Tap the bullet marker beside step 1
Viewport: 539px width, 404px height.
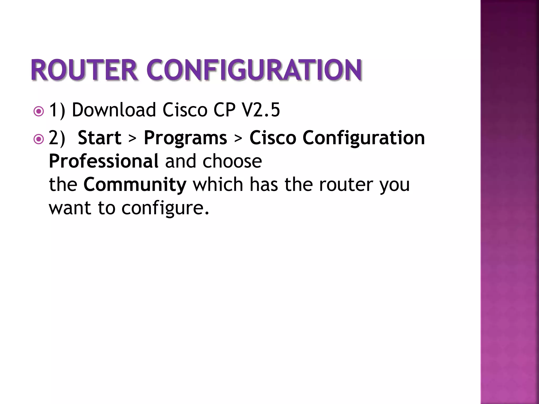coord(39,112)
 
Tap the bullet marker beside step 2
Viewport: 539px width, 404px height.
coord(39,139)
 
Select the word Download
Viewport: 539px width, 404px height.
coord(114,110)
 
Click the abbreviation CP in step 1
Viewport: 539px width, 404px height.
coord(224,110)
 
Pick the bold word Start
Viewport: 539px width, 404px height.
coord(99,138)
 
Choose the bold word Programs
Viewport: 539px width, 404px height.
coord(185,138)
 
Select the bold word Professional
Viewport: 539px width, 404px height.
coord(104,161)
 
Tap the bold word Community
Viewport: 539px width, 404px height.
coord(135,184)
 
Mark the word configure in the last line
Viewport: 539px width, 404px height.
coord(165,208)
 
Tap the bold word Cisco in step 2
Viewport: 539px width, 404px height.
coord(273,138)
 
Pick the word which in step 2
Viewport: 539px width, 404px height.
coord(218,184)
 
